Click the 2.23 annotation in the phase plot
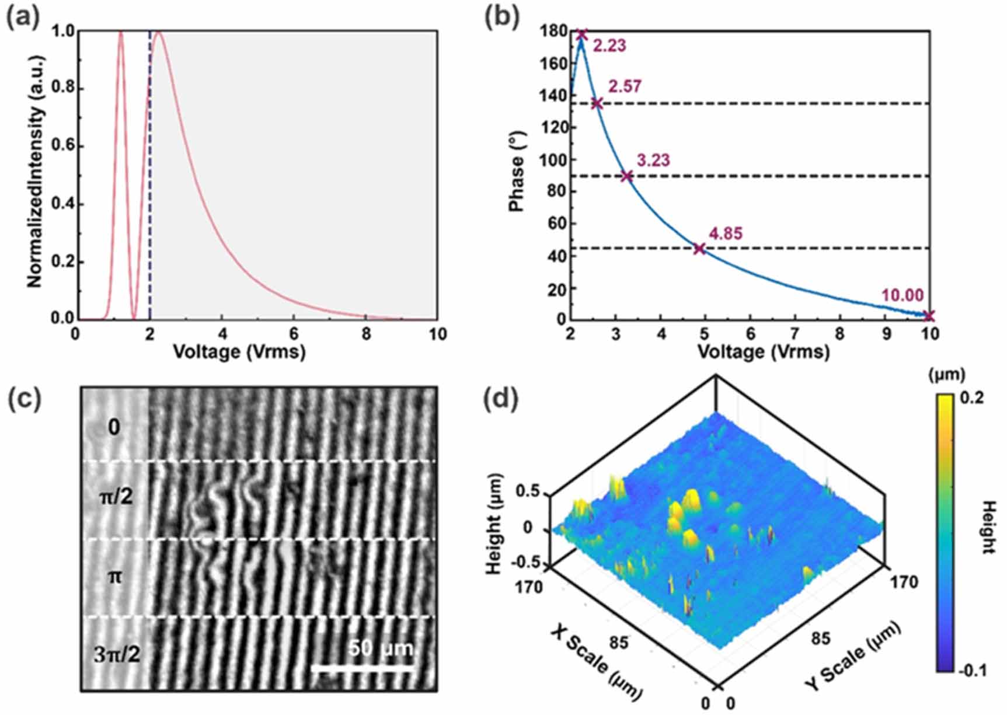point(609,46)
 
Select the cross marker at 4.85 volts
point(699,249)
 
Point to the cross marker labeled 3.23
point(626,176)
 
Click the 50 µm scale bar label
point(381,648)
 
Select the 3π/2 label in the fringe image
point(117,655)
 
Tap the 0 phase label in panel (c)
point(114,428)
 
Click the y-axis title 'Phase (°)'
point(516,175)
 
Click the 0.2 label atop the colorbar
point(971,398)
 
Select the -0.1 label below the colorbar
point(973,671)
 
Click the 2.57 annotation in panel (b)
point(625,86)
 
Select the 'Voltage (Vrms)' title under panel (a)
point(239,351)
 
